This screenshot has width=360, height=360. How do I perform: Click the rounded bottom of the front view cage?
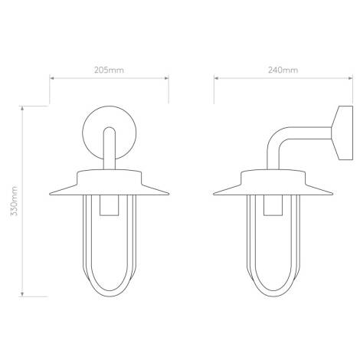click(111, 293)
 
